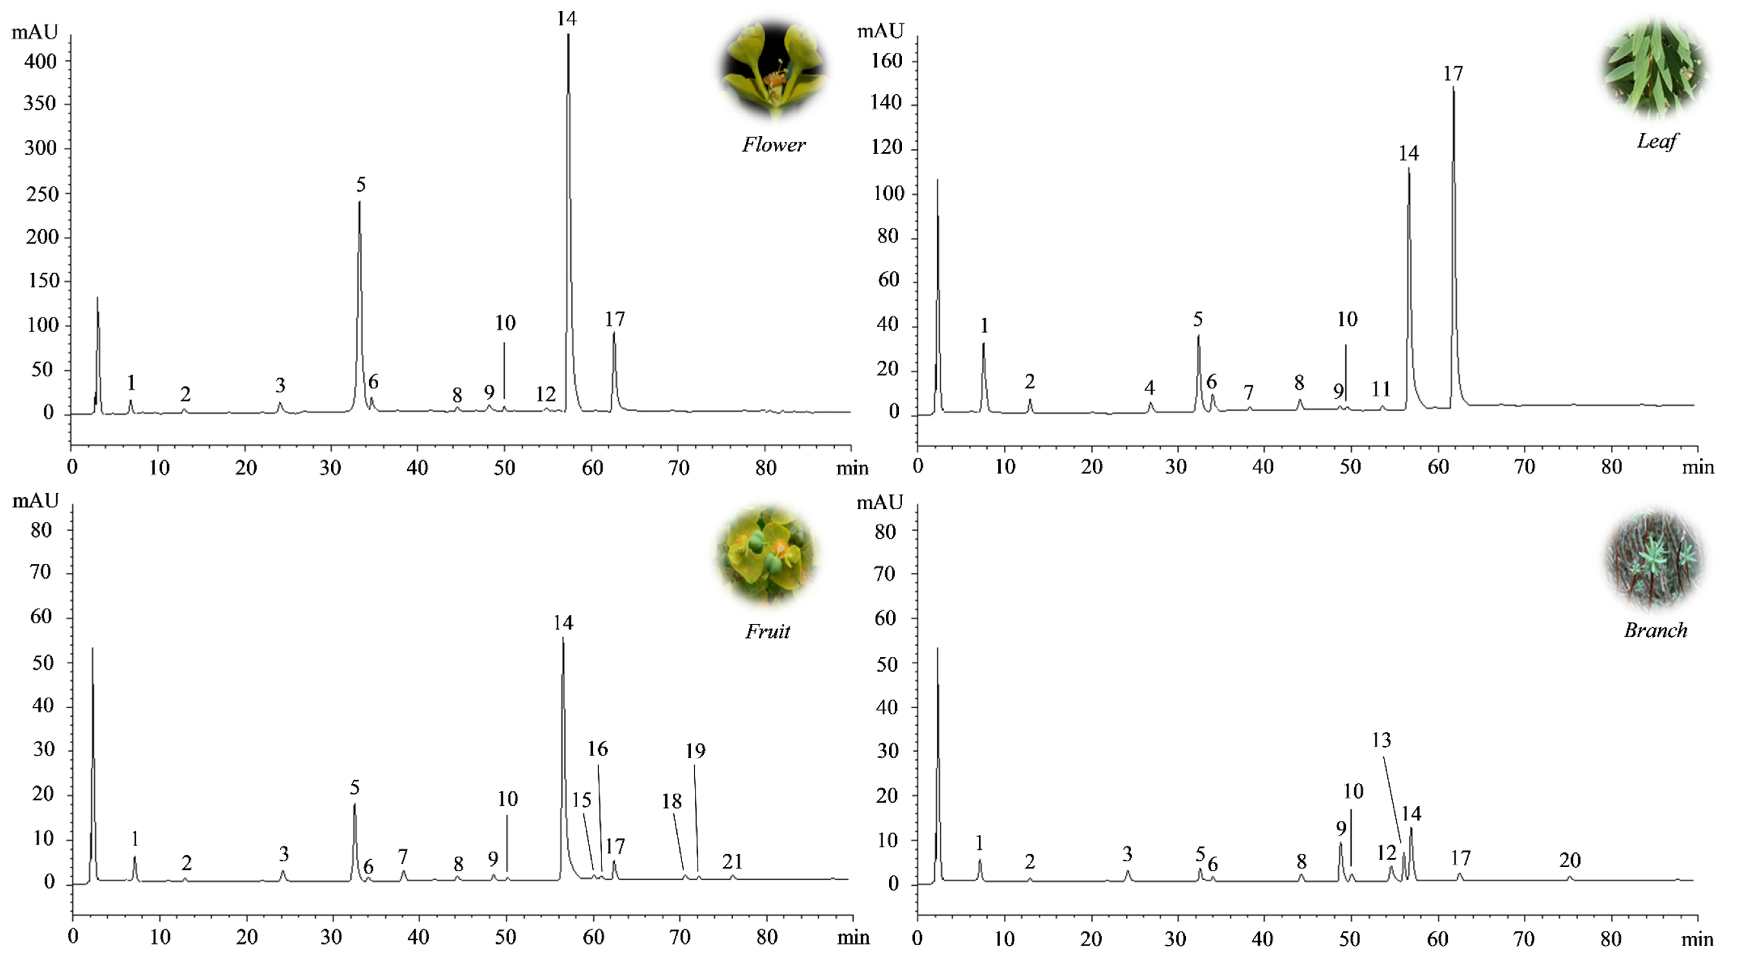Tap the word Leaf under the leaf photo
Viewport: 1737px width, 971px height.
[1657, 141]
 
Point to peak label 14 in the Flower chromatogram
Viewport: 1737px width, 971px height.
[566, 19]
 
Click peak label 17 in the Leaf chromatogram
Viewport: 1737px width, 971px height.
[1453, 73]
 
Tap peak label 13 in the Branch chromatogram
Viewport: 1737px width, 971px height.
[1381, 740]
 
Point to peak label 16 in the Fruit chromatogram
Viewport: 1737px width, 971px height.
[598, 748]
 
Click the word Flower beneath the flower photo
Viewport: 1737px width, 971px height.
[773, 144]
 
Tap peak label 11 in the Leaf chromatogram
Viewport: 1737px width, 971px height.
[1381, 389]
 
